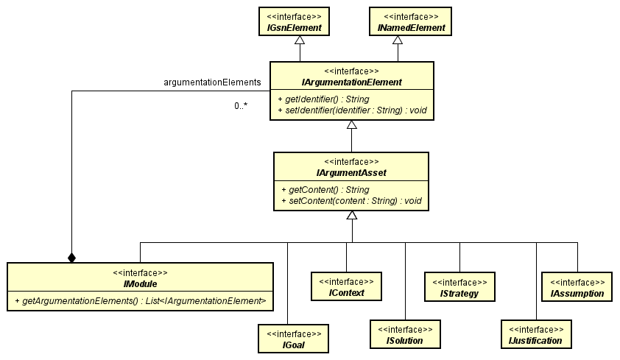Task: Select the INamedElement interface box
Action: pyautogui.click(x=410, y=21)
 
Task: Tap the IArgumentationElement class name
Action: pyautogui.click(x=351, y=82)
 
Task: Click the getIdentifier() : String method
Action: pyautogui.click(x=324, y=99)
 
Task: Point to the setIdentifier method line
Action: pyautogui.click(x=351, y=110)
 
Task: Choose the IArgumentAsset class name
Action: pyautogui.click(x=351, y=173)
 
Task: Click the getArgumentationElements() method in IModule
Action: pyautogui.click(x=140, y=300)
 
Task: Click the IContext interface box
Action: pyautogui.click(x=346, y=287)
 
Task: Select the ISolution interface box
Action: pyautogui.click(x=405, y=333)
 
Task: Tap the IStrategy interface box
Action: pyautogui.click(x=459, y=288)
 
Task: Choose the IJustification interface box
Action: pyautogui.click(x=536, y=334)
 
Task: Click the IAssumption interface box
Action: pyautogui.click(x=577, y=287)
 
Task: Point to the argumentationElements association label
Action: pyautogui.click(x=212, y=82)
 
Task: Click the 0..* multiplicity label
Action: pyautogui.click(x=241, y=106)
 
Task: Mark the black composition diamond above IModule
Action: pyautogui.click(x=71, y=257)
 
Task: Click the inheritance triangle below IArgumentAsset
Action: pyautogui.click(x=352, y=215)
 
